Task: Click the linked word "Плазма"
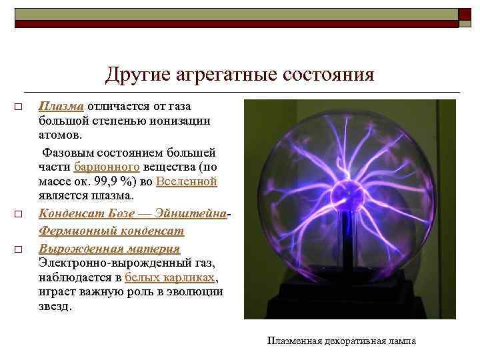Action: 61,106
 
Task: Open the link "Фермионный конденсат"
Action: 111,231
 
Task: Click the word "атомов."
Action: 59,135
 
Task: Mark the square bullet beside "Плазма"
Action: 19,107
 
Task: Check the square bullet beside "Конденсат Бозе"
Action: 19,215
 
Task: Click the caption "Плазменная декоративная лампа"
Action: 341,341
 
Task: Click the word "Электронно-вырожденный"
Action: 99,263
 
